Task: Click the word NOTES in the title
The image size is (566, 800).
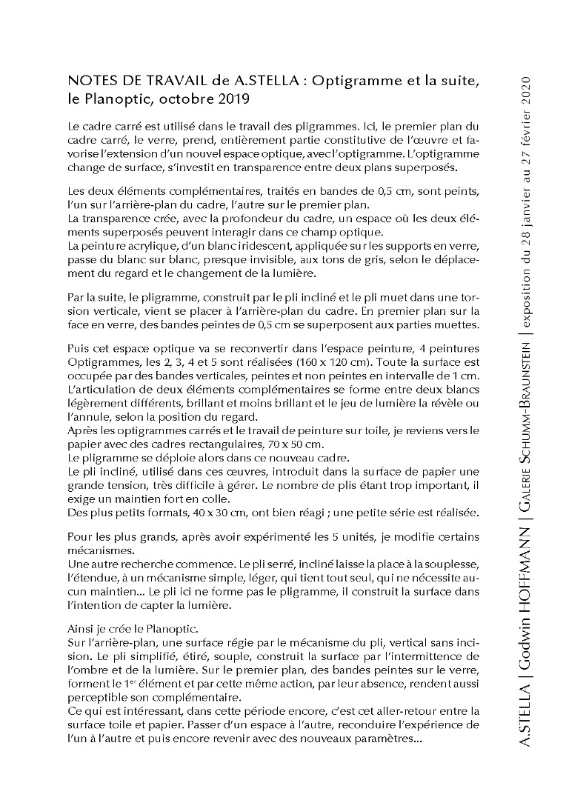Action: coord(89,81)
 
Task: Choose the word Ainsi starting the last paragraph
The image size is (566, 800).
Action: coord(81,628)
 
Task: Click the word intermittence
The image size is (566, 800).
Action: coord(429,656)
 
